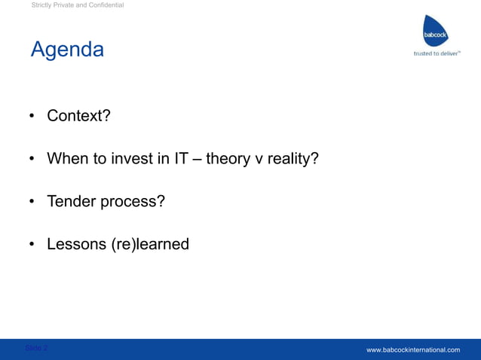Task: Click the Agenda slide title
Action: pyautogui.click(x=67, y=50)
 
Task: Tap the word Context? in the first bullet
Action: pyautogui.click(x=78, y=116)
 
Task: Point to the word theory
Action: pyautogui.click(x=229, y=159)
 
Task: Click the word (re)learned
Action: pyautogui.click(x=149, y=244)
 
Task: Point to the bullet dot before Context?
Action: pyautogui.click(x=33, y=117)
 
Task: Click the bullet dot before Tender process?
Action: pyautogui.click(x=33, y=202)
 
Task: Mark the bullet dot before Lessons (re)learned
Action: pyautogui.click(x=33, y=245)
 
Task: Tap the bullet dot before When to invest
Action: pyautogui.click(x=33, y=159)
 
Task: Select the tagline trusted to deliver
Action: pyautogui.click(x=437, y=53)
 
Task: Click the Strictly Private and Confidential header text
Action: pyautogui.click(x=78, y=6)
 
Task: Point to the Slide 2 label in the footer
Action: pyautogui.click(x=36, y=348)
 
